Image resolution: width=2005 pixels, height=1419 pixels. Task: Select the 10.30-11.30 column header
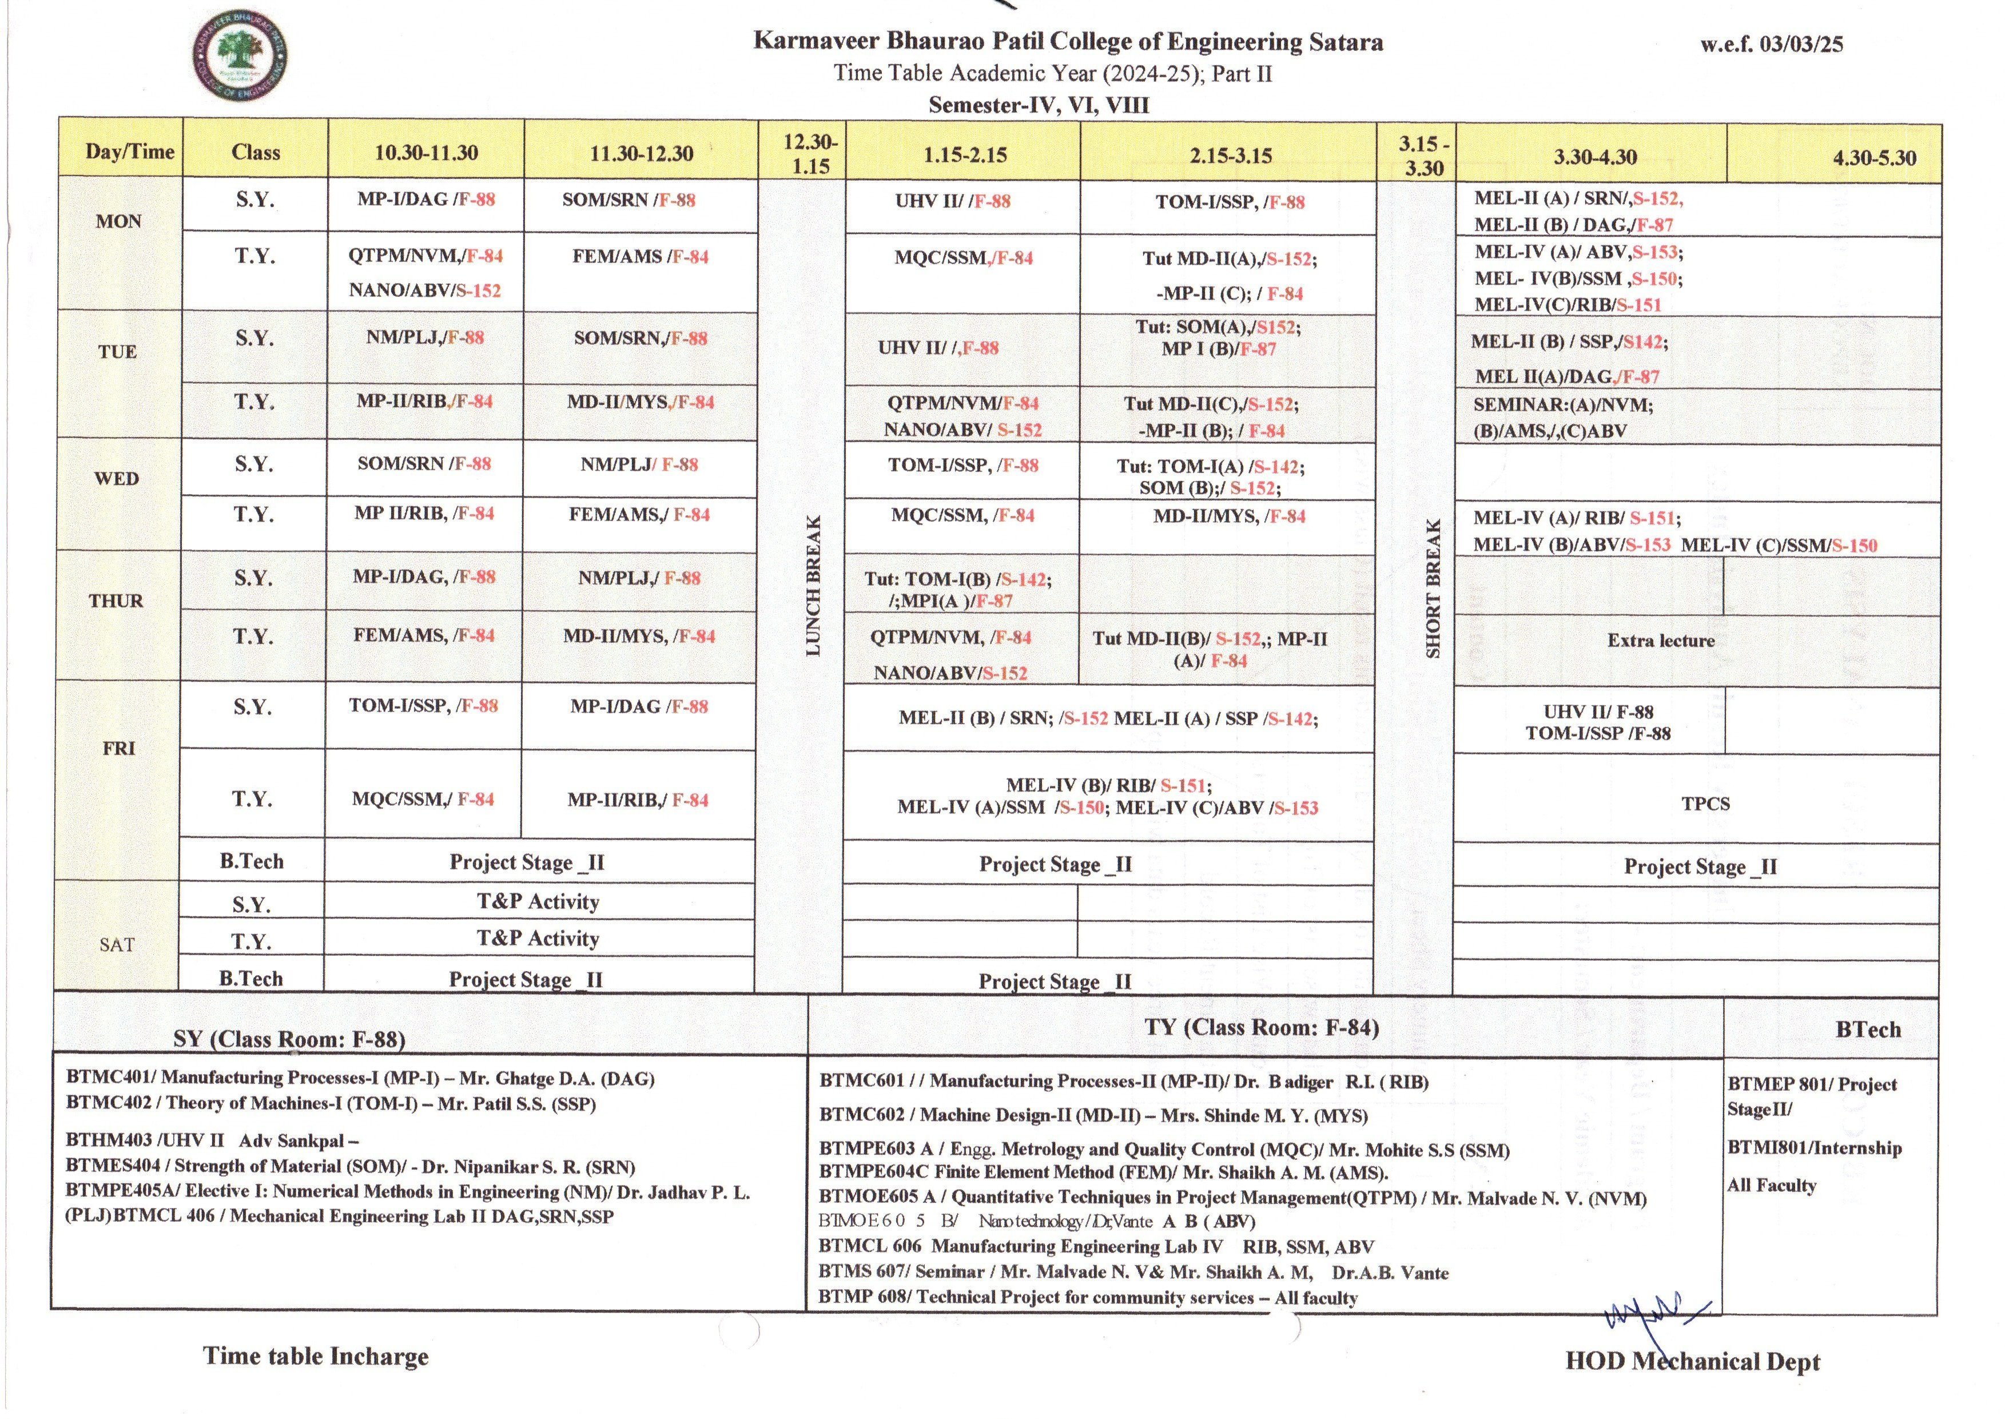tap(427, 153)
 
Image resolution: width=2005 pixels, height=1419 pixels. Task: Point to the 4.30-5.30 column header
tap(1874, 158)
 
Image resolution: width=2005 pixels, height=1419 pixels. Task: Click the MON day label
tap(119, 221)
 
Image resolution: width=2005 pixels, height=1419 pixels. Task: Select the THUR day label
tap(116, 601)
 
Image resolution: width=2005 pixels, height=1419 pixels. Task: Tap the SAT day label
tap(117, 944)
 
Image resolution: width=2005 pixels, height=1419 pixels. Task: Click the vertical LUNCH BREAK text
tap(813, 586)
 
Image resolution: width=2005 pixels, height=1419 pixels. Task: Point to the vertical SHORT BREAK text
tap(1433, 588)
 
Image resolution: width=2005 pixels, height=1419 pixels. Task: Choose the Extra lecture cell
tap(1660, 641)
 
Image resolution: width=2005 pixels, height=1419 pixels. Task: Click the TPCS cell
tap(1704, 804)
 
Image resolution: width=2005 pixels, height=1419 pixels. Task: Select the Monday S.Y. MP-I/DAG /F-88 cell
tap(425, 199)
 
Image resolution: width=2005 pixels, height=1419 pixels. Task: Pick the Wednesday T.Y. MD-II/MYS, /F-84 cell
tap(1228, 516)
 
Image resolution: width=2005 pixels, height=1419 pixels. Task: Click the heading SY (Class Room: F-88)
tap(289, 1039)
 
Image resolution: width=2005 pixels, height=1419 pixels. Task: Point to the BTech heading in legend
tap(1868, 1030)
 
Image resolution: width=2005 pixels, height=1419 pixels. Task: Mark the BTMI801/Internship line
tap(1813, 1147)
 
